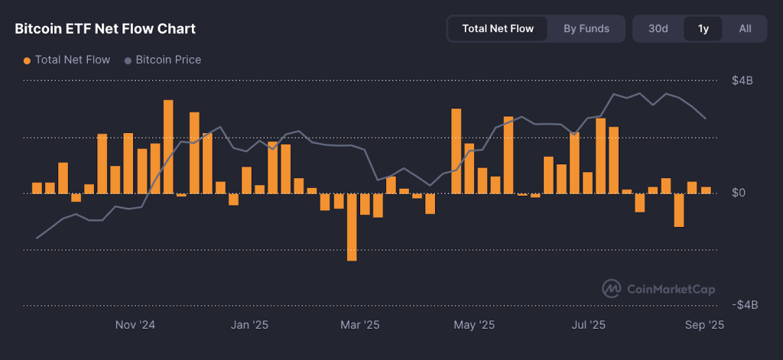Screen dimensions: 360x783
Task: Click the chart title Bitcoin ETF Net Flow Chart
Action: [106, 29]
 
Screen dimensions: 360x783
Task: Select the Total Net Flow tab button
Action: [498, 29]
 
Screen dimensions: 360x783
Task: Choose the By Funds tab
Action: [586, 29]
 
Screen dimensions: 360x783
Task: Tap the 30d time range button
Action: [658, 29]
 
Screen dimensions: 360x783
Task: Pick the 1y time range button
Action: [703, 29]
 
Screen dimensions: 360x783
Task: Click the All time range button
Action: [745, 29]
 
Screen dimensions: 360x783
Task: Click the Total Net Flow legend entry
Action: [67, 60]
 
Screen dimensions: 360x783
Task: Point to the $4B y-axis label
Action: [742, 81]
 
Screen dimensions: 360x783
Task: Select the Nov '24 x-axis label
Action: [135, 325]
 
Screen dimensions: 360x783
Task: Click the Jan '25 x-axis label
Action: [249, 325]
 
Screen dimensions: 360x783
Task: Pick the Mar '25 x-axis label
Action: [360, 325]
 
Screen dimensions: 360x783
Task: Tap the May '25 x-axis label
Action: [475, 325]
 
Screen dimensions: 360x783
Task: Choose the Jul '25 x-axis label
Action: [589, 325]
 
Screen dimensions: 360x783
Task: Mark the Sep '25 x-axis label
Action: [703, 325]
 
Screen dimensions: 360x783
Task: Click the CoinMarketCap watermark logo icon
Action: [612, 289]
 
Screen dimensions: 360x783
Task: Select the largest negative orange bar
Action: [352, 227]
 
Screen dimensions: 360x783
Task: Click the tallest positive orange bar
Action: [168, 147]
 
